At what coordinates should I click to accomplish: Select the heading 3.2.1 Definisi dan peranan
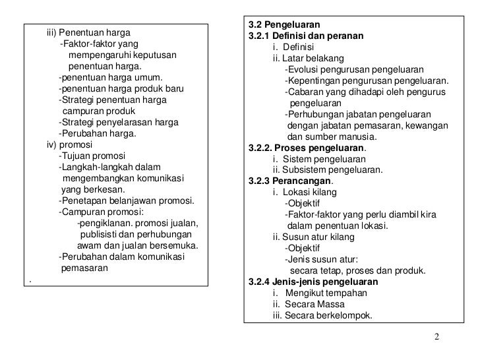coord(306,36)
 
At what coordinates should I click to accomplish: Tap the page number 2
coord(437,338)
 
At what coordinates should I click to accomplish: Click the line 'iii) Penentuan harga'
coord(88,32)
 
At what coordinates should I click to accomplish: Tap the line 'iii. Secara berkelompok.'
coord(322,315)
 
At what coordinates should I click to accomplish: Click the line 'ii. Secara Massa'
coord(309,304)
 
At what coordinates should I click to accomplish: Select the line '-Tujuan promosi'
coord(87,156)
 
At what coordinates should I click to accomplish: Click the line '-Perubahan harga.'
coord(98,133)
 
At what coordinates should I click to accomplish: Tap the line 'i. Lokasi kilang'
coord(305,193)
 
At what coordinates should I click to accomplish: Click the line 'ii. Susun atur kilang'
coord(313,237)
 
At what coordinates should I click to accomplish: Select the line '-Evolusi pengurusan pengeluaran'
coord(354,69)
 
